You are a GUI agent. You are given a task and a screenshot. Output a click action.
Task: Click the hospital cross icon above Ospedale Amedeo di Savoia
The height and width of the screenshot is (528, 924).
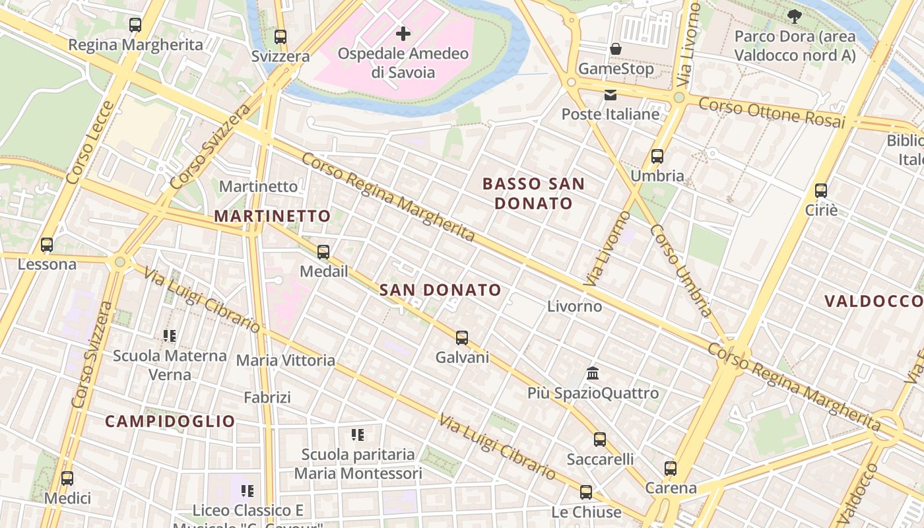pyautogui.click(x=403, y=33)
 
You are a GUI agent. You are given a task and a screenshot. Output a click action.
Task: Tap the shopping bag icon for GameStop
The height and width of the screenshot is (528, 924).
pyautogui.click(x=616, y=49)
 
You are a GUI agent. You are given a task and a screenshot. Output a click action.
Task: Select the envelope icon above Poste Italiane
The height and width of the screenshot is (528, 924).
pyautogui.click(x=610, y=95)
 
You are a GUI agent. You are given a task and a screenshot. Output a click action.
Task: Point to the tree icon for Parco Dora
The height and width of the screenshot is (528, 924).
pyautogui.click(x=795, y=16)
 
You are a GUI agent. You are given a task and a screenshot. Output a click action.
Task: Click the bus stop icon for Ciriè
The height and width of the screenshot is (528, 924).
pyautogui.click(x=821, y=191)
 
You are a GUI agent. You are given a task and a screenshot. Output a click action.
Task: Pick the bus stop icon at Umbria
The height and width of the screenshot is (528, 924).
pyautogui.click(x=657, y=156)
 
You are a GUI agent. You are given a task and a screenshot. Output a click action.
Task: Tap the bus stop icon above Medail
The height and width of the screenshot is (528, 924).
pyautogui.click(x=323, y=252)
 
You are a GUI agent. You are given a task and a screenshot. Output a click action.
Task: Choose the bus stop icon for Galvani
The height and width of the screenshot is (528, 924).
pyautogui.click(x=462, y=338)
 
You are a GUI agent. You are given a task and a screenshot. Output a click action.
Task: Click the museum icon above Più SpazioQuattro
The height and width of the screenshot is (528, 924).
pyautogui.click(x=593, y=374)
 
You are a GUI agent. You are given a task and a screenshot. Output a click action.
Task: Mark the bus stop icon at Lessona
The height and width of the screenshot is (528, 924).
pyautogui.click(x=47, y=245)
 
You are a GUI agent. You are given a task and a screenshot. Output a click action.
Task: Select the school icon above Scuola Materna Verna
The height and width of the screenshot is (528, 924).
pyautogui.click(x=170, y=336)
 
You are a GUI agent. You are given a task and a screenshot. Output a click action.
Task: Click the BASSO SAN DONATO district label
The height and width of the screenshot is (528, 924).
pyautogui.click(x=533, y=193)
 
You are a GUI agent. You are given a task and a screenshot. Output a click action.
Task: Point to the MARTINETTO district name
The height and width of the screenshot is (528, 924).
pyautogui.click(x=272, y=216)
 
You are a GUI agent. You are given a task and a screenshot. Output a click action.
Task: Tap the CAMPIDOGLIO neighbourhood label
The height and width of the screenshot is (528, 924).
pyautogui.click(x=170, y=421)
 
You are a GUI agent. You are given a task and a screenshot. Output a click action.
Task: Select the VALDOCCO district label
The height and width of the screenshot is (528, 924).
pyautogui.click(x=873, y=302)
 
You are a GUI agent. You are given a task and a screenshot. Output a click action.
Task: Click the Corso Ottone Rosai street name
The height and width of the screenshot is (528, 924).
pyautogui.click(x=772, y=113)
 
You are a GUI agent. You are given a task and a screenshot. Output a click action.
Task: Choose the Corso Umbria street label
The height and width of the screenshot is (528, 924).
pyautogui.click(x=681, y=271)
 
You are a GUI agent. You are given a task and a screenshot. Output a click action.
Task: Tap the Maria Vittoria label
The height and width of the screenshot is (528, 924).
pyautogui.click(x=286, y=360)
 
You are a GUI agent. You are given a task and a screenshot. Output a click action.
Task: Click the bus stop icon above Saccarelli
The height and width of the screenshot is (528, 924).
pyautogui.click(x=600, y=439)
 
